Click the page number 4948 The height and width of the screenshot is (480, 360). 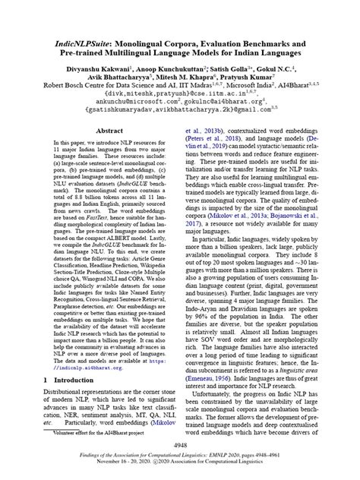[x=179, y=446]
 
